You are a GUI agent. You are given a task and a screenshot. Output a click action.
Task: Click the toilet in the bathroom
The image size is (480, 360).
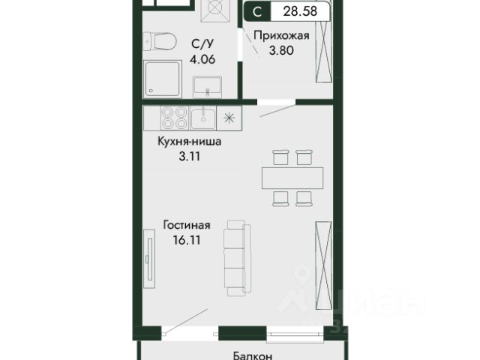pos(160,42)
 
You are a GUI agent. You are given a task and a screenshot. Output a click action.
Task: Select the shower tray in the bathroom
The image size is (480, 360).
pos(163,79)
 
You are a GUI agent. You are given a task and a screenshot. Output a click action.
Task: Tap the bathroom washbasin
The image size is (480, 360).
pos(207,87)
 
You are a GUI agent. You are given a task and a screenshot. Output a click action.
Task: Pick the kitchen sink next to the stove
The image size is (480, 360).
pos(203,118)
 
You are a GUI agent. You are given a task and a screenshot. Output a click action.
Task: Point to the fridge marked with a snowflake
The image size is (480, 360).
pos(229,118)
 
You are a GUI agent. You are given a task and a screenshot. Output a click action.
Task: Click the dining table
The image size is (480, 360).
pos(292,178)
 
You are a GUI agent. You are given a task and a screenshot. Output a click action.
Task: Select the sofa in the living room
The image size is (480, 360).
pos(237,258)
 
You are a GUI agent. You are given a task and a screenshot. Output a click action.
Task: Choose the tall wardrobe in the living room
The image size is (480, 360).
pos(324,265)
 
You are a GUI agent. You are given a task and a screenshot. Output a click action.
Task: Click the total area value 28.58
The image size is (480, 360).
pos(300,11)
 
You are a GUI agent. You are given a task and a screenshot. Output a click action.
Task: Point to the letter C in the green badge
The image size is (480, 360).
pos(257,12)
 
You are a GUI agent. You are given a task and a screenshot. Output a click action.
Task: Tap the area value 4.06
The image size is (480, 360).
pos(202,59)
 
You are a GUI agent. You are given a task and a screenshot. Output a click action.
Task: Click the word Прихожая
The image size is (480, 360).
pos(282,35)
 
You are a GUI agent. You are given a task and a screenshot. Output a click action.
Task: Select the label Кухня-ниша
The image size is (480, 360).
pos(190,142)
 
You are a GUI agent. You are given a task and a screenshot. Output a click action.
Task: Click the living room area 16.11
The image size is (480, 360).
pos(187,240)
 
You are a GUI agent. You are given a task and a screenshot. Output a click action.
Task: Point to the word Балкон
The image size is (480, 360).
pos(253,355)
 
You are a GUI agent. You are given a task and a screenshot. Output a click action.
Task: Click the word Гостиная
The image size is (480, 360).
pos(187,225)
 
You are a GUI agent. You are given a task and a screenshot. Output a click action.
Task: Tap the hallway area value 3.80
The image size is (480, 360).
pos(281,50)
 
